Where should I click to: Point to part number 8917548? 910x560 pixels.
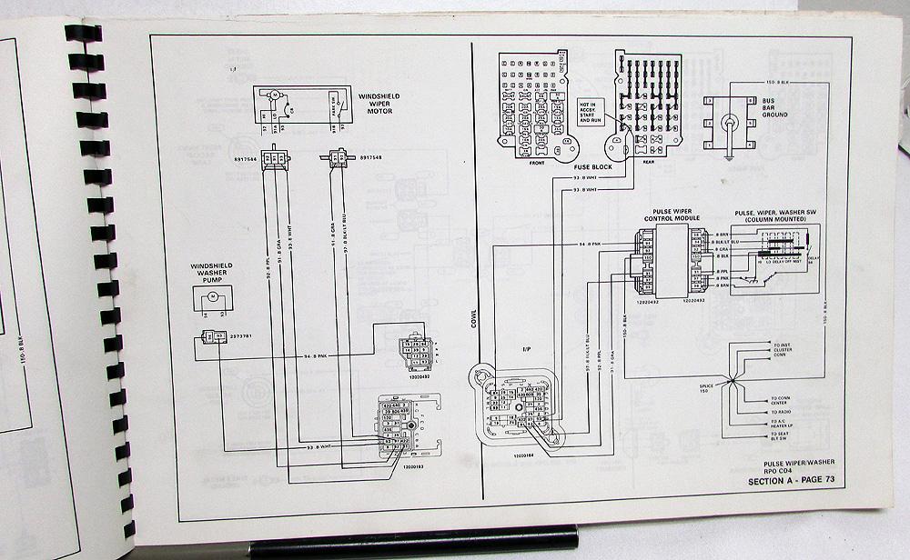[x=370, y=156]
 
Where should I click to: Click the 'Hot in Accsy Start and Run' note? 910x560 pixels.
[x=590, y=111]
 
